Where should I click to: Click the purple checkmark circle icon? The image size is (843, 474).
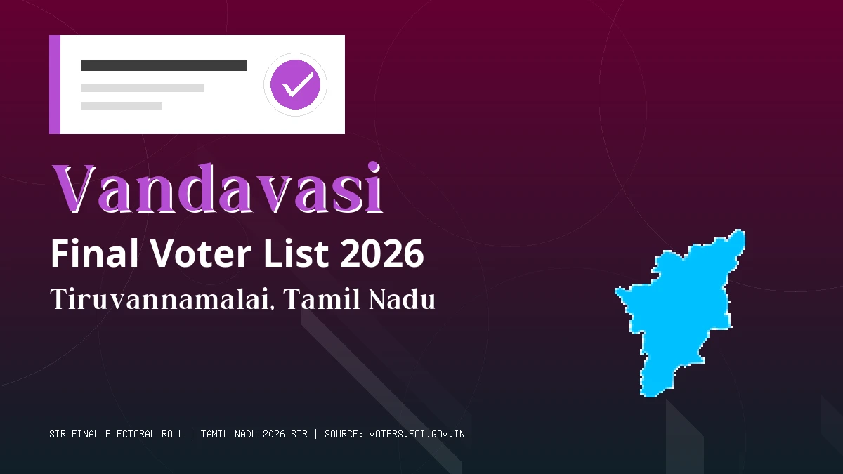295,85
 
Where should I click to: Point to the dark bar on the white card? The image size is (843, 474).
164,65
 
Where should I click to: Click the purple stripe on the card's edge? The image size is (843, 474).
55,85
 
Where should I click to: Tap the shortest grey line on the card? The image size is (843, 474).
122,106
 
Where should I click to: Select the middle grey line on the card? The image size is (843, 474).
143,88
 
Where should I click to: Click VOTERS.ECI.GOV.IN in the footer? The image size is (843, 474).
417,434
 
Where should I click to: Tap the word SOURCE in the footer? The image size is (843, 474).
341,434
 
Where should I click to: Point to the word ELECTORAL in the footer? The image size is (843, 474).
129,434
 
